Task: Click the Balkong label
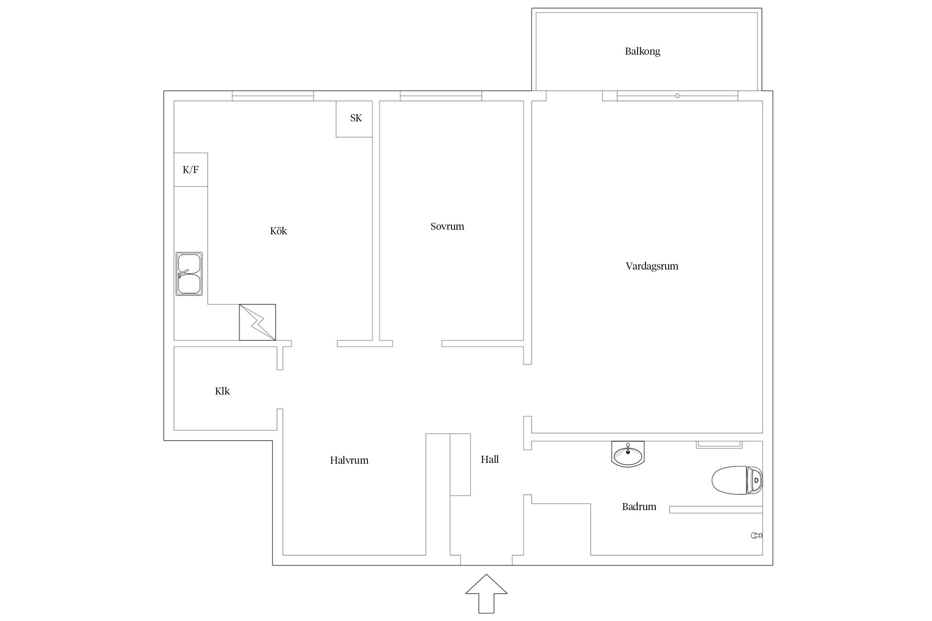coord(642,51)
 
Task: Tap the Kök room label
coord(278,231)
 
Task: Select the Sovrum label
coord(447,226)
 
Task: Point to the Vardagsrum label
coord(652,266)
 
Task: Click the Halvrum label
coord(349,460)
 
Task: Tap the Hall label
coord(490,459)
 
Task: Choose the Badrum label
coord(639,506)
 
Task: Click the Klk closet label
coord(222,391)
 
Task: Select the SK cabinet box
coord(354,119)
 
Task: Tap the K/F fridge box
coord(191,170)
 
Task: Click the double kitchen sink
coord(189,274)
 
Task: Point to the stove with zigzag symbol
coord(257,323)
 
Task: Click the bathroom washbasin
coord(628,454)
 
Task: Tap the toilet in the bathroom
coord(737,480)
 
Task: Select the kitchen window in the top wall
coord(273,96)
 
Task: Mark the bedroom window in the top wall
coord(441,96)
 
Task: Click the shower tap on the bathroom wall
coord(756,535)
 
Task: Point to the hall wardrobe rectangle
coord(460,465)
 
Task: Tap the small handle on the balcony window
coord(677,96)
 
